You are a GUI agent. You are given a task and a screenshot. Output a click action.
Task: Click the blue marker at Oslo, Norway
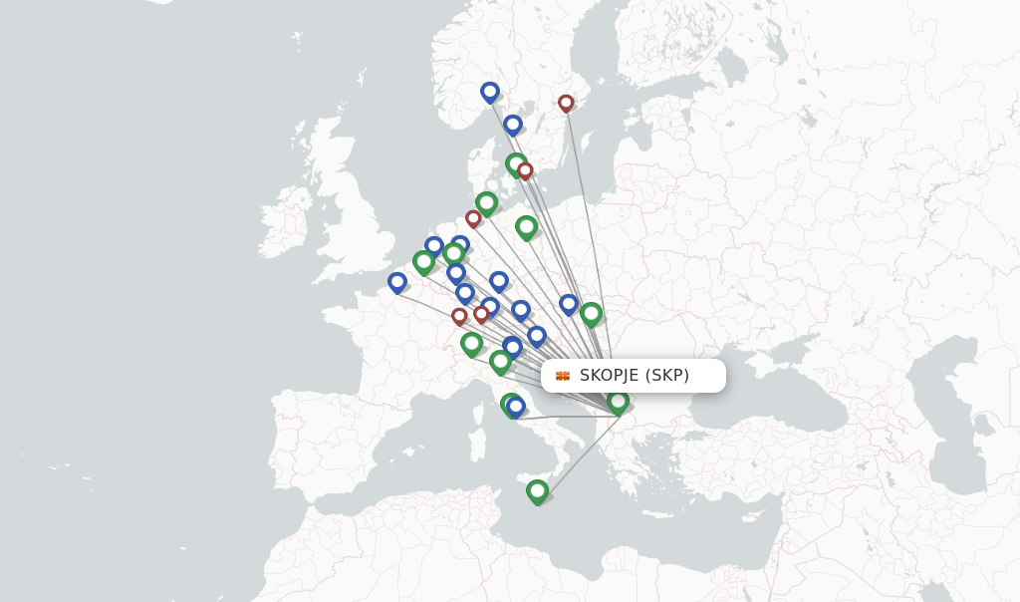click(x=489, y=92)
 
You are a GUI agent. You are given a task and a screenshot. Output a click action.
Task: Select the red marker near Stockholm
click(x=566, y=103)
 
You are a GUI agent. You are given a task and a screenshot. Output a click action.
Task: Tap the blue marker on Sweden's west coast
click(x=512, y=125)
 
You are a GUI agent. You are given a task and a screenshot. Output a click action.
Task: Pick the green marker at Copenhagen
click(x=515, y=163)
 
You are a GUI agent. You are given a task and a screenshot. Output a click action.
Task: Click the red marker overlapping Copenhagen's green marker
click(x=525, y=170)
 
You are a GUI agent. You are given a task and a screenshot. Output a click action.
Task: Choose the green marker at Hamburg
click(x=486, y=202)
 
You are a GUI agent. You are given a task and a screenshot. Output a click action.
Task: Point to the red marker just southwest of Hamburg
click(x=473, y=218)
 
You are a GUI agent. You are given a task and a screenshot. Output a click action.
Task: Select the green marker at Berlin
click(x=526, y=226)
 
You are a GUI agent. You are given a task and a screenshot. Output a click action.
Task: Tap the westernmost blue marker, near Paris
click(x=397, y=282)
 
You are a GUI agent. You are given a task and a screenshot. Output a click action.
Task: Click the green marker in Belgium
click(x=423, y=261)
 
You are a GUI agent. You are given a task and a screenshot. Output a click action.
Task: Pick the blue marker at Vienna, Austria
click(x=569, y=303)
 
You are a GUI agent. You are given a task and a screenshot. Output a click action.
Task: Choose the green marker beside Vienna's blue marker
click(x=591, y=313)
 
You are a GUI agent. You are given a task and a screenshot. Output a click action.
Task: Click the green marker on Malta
click(x=537, y=490)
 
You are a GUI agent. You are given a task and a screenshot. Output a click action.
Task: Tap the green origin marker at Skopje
click(x=618, y=401)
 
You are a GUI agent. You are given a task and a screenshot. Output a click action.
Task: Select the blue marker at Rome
click(x=516, y=406)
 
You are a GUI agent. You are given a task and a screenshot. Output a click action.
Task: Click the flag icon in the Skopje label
click(x=563, y=376)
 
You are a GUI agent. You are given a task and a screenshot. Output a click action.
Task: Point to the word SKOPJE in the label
click(x=609, y=376)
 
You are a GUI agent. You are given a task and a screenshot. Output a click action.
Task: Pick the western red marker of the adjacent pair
click(x=459, y=316)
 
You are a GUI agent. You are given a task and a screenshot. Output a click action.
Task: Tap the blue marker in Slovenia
click(x=537, y=336)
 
